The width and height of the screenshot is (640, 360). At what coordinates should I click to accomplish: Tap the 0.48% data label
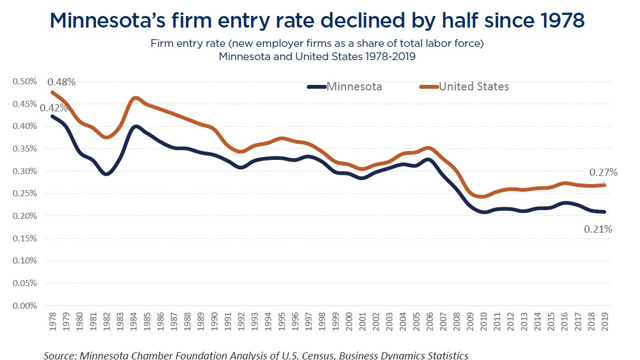coord(62,82)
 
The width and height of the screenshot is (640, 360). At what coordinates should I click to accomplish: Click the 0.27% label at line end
coord(604,173)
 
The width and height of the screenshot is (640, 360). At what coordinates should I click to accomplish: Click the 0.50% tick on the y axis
coord(25,82)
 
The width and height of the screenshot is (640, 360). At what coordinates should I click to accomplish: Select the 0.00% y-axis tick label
coord(25,305)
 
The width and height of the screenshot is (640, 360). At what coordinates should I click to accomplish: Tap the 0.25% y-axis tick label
coord(25,194)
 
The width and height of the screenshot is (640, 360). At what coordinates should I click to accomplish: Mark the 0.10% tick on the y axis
coord(25,261)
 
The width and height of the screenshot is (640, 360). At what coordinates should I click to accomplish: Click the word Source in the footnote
coord(60,355)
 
